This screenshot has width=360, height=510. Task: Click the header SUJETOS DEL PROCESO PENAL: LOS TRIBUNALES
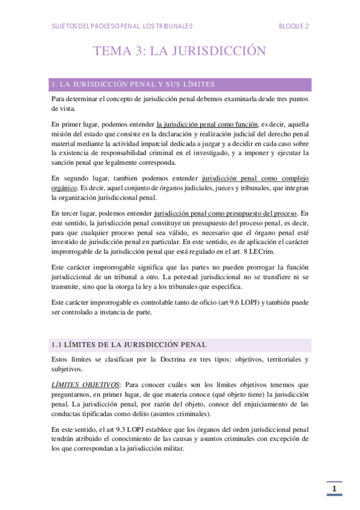122,26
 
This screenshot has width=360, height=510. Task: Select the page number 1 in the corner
334,488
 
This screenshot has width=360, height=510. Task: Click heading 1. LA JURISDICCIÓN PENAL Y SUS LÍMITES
133,84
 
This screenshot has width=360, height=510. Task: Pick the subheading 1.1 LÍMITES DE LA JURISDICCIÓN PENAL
129,345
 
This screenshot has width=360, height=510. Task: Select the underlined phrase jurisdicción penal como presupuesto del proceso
226,213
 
